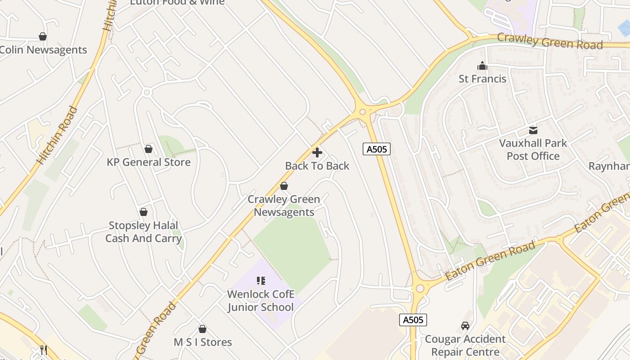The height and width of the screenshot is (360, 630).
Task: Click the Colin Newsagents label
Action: (x=43, y=50)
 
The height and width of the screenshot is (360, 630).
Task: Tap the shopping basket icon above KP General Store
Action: (x=148, y=149)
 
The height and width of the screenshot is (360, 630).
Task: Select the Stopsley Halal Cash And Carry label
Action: (x=143, y=232)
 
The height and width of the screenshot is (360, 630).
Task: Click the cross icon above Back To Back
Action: (x=317, y=153)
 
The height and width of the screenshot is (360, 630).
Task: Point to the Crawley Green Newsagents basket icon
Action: (x=284, y=186)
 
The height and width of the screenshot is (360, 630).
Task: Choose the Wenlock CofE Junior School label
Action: (x=261, y=301)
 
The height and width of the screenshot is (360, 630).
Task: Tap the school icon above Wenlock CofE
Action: (x=261, y=281)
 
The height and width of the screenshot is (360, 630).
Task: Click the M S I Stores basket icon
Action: (x=202, y=329)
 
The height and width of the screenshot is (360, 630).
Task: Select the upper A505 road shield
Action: (x=376, y=149)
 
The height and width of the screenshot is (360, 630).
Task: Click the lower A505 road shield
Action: (x=413, y=320)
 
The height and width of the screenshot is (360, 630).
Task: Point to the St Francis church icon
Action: (x=482, y=66)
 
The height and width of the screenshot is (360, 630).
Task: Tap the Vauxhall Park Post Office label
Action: (x=533, y=150)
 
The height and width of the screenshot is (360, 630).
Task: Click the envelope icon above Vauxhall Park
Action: (x=533, y=130)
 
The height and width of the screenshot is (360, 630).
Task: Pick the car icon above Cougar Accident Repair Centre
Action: (x=465, y=325)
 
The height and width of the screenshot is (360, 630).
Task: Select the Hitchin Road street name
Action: (x=57, y=135)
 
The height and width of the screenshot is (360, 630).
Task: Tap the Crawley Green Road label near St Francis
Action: (x=549, y=42)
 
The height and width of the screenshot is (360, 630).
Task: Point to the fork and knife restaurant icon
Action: (x=44, y=350)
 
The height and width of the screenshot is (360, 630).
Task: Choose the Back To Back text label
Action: (x=317, y=166)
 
